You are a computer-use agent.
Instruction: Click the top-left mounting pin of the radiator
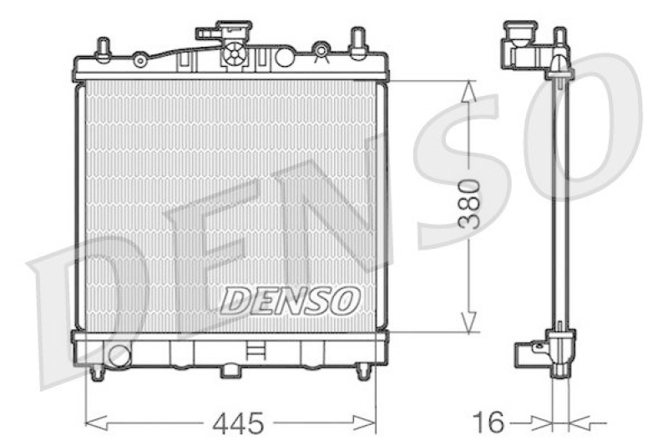[x=102, y=48]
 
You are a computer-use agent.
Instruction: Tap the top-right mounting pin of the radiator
[x=357, y=42]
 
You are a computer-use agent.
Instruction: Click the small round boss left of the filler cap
[x=141, y=60]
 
